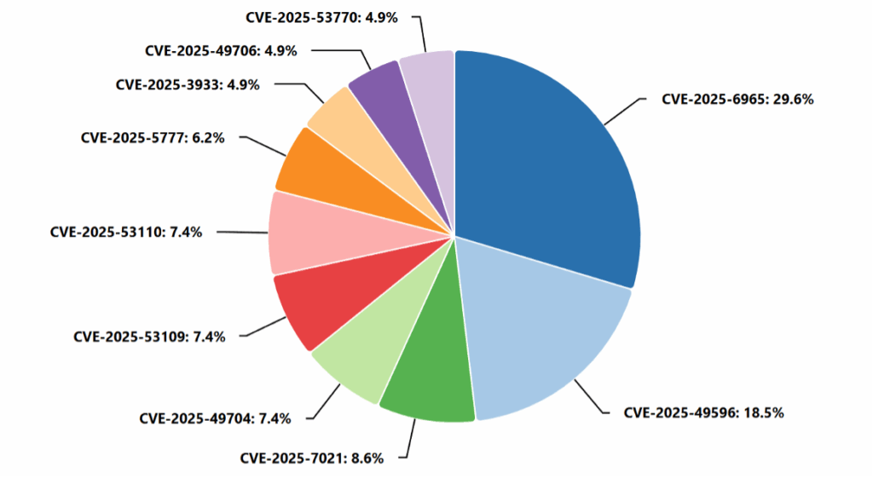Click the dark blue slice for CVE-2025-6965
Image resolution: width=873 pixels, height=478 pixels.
(554, 162)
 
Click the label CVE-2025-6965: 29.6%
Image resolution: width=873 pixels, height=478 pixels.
(737, 99)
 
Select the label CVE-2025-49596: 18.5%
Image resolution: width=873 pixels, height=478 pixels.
(703, 412)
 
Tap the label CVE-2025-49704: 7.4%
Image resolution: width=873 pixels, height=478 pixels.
(215, 418)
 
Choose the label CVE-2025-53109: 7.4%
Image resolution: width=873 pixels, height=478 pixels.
(149, 337)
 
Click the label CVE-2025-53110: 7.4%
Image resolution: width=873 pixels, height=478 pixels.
(126, 231)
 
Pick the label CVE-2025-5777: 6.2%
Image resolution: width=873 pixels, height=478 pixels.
(153, 137)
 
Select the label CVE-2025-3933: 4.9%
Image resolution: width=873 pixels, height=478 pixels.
(187, 84)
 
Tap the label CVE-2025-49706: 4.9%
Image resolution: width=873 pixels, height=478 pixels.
(221, 50)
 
